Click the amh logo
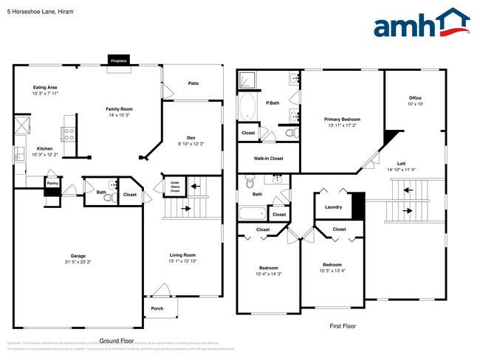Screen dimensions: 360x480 [x=422, y=24]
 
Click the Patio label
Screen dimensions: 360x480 [x=193, y=83]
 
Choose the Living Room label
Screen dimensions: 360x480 [x=182, y=255]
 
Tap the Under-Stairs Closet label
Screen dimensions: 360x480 [x=175, y=186]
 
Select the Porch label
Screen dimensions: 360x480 [x=157, y=308]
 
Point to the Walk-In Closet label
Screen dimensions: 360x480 [x=268, y=159]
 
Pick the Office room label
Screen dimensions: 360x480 [x=415, y=98]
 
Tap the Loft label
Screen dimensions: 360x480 [x=401, y=164]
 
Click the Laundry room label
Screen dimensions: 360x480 [x=333, y=207]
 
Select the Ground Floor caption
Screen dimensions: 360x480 [x=116, y=341]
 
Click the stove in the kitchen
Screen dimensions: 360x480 [x=69, y=134]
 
